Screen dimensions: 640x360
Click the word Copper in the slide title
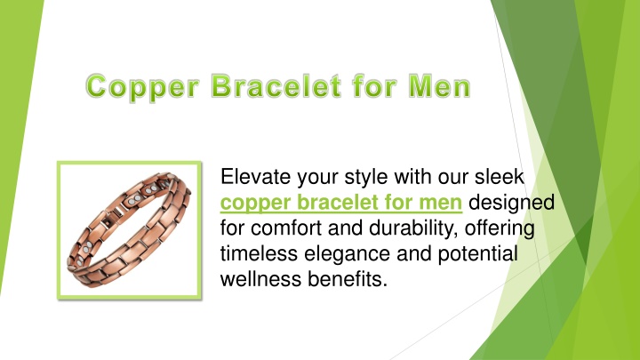tap(143, 87)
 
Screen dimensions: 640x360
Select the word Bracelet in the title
tap(276, 85)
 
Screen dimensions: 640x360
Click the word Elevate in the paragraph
tap(255, 177)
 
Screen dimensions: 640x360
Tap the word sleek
tap(499, 177)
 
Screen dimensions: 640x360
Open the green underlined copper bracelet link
tap(341, 203)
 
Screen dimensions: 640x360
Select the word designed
tap(511, 203)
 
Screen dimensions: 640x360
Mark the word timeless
tap(259, 254)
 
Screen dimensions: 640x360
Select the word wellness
tap(260, 280)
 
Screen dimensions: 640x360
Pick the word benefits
tap(348, 280)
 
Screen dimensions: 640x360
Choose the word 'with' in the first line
tap(412, 177)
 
